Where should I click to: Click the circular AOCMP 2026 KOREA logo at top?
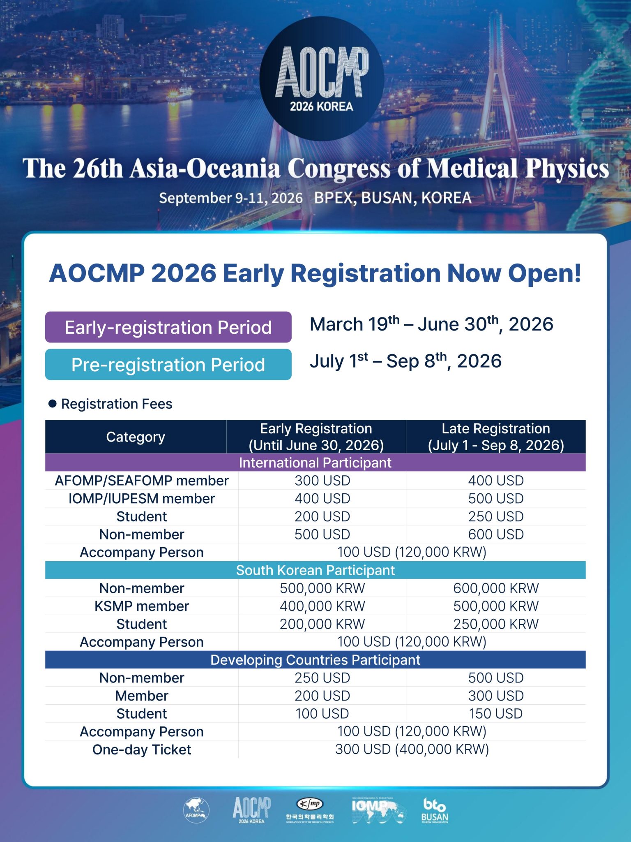click(x=322, y=78)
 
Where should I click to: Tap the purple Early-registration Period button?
click(x=168, y=327)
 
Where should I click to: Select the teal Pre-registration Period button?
click(x=168, y=365)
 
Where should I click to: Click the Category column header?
click(x=136, y=437)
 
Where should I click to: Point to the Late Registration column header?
click(x=495, y=437)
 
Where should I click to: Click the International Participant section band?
click(x=315, y=463)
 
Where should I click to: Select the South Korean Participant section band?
click(x=315, y=570)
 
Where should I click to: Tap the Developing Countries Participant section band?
click(x=315, y=660)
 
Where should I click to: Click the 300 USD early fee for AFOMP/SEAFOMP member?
click(x=322, y=481)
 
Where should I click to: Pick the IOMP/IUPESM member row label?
click(x=141, y=499)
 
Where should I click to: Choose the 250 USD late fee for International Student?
click(x=495, y=516)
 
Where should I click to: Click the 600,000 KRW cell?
click(x=495, y=588)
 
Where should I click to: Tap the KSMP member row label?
click(x=141, y=606)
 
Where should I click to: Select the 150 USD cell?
click(x=495, y=714)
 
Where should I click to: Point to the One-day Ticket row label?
click(x=141, y=749)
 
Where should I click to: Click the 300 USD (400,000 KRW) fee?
click(x=412, y=749)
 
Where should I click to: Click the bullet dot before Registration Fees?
click(x=53, y=404)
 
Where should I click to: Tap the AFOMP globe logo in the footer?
click(x=196, y=810)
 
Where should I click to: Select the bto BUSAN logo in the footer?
click(x=434, y=810)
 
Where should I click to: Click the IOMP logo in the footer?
click(x=378, y=810)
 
